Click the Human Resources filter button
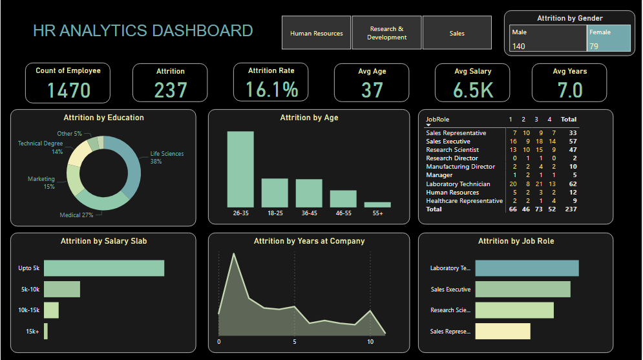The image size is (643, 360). [x=316, y=33]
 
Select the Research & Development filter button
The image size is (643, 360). [x=386, y=33]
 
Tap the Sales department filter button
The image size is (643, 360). [x=457, y=33]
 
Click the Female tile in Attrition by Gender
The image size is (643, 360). [x=608, y=38]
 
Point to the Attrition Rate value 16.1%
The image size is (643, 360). [x=271, y=90]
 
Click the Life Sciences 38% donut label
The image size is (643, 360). [x=167, y=157]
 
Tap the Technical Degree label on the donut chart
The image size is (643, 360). [x=40, y=147]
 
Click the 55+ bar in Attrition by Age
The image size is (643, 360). [x=377, y=204]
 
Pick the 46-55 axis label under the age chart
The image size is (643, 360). [x=343, y=213]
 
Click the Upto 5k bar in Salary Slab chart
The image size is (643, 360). [x=104, y=268]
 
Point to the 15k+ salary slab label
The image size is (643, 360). [x=32, y=332]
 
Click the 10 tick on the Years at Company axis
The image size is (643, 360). [x=370, y=342]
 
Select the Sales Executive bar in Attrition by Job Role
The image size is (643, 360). [x=522, y=289]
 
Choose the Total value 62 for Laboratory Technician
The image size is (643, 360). [x=572, y=184]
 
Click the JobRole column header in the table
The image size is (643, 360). [x=437, y=120]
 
